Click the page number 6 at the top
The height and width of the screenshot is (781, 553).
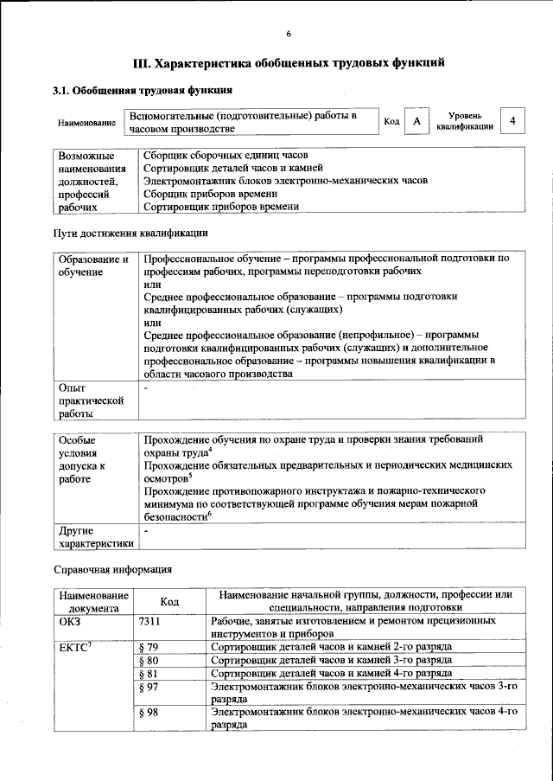[x=289, y=34]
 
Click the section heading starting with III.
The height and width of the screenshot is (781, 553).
[x=289, y=63]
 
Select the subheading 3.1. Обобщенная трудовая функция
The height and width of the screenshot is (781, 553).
[x=143, y=90]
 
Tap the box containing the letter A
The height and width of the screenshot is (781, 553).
[x=417, y=122]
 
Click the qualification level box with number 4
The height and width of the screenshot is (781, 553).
[x=513, y=122]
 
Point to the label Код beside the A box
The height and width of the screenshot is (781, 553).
[x=391, y=122]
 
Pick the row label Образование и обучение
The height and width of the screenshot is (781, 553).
[x=92, y=265]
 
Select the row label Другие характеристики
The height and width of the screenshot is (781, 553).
[x=93, y=536]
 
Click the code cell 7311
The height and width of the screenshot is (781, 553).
[x=150, y=621]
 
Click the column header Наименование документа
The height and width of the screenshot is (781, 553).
[x=93, y=602]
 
